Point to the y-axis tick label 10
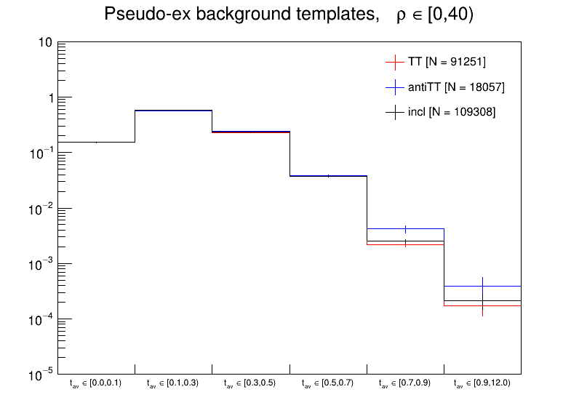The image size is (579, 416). (44, 43)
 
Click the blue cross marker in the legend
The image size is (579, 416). (395, 87)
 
